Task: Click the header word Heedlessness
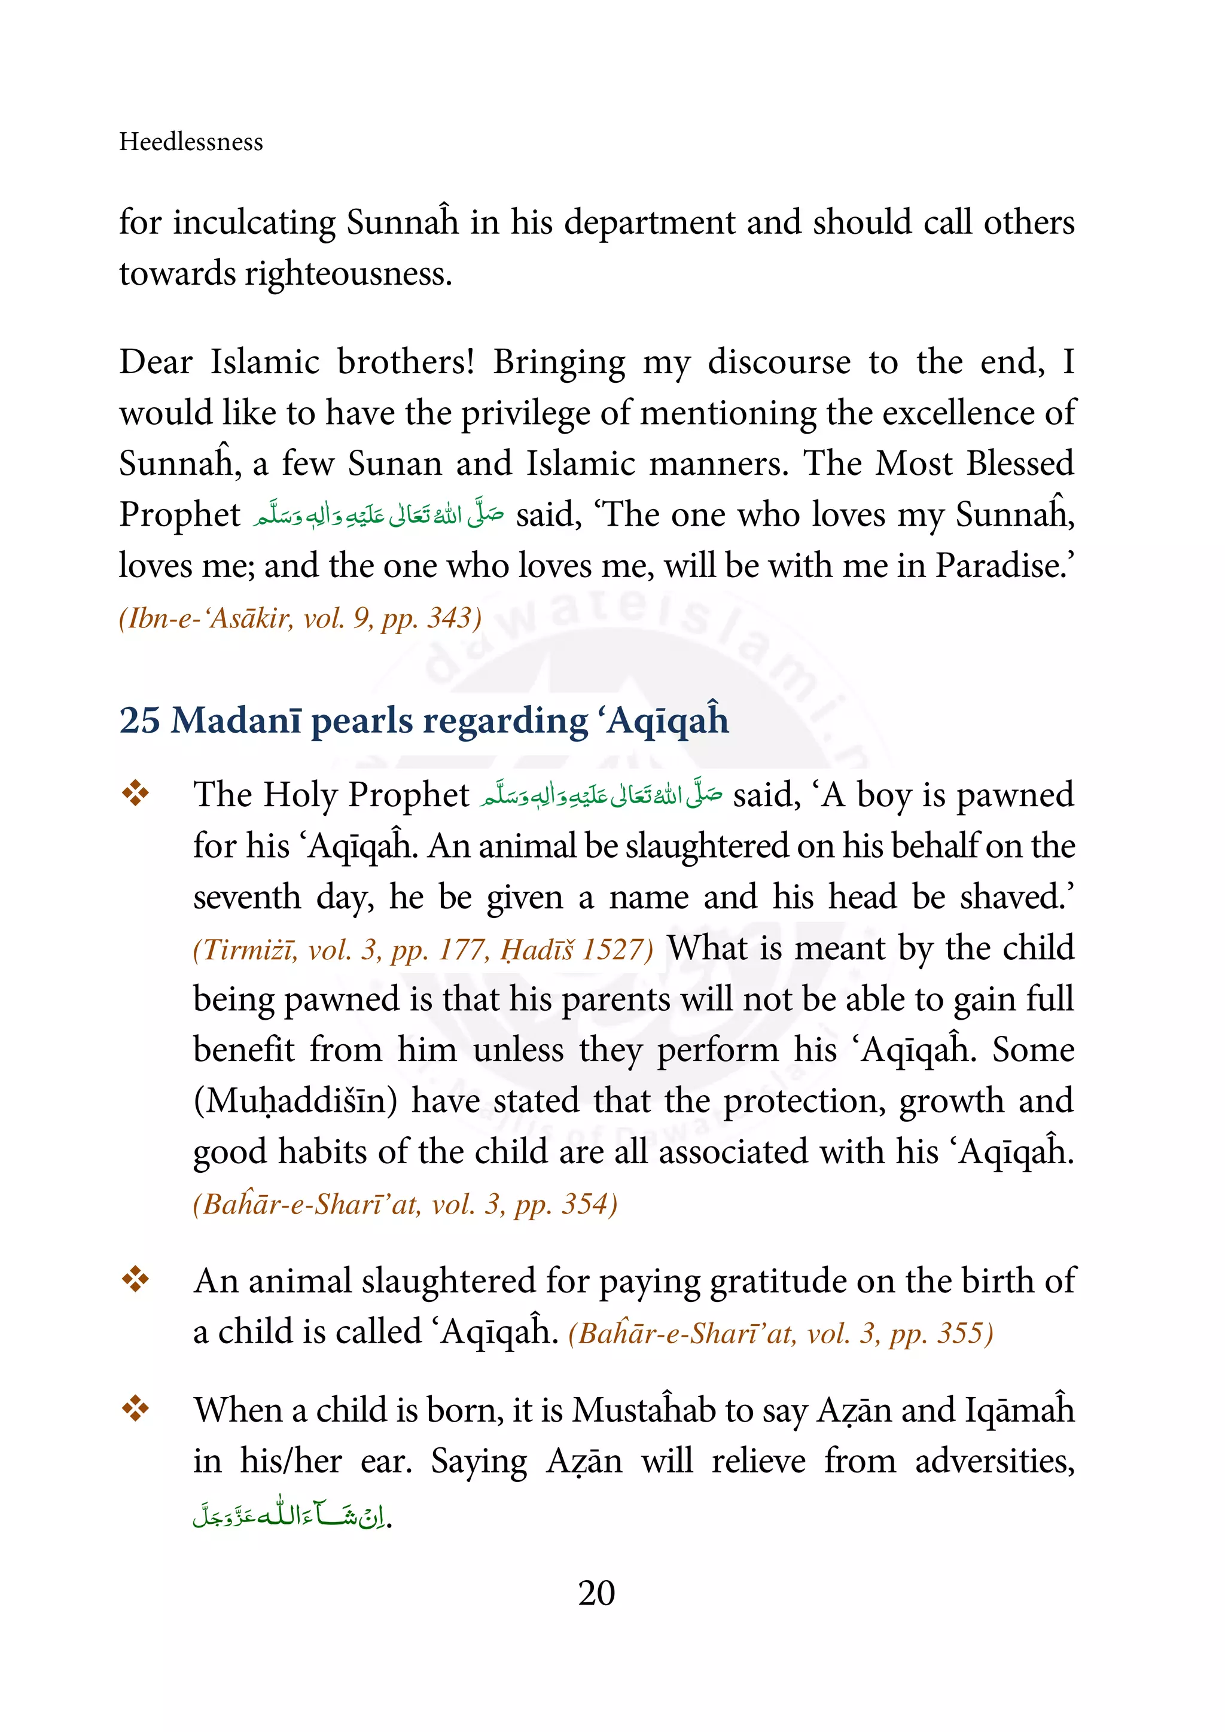[191, 142]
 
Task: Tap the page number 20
[596, 1593]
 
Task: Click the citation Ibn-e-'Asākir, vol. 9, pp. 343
[300, 618]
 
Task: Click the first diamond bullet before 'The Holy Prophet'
[136, 794]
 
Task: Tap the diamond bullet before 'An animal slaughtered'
[136, 1279]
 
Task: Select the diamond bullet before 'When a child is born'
[136, 1408]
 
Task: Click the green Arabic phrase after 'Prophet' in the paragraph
[379, 514]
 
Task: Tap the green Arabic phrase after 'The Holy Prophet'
[601, 795]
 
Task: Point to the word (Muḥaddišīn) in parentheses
[295, 1102]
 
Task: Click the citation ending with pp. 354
[405, 1204]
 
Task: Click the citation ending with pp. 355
[780, 1334]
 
